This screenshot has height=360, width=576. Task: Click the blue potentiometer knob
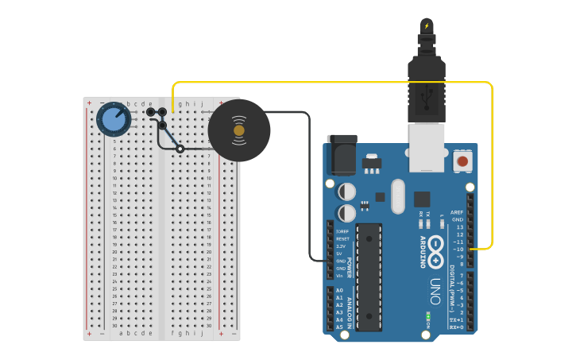[x=114, y=120]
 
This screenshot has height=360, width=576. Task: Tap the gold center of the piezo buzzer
[x=239, y=130]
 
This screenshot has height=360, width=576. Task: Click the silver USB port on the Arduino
[x=427, y=147]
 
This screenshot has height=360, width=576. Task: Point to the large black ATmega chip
[x=369, y=276]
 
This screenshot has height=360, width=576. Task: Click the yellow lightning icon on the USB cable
[x=427, y=25]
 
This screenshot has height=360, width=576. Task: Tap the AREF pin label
[x=456, y=213]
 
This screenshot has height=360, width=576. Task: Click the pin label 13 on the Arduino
[x=458, y=227]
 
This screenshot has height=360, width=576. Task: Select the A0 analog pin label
[x=339, y=291]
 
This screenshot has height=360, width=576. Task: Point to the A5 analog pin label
[x=339, y=327]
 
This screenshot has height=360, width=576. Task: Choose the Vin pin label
[x=340, y=275]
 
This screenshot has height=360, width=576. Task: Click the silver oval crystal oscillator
[x=397, y=195]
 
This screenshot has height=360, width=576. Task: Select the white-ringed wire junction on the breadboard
[x=180, y=149]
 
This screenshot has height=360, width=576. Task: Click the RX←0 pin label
[x=456, y=327]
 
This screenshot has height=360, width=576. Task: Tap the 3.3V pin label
[x=342, y=246]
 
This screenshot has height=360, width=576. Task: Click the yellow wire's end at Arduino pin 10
[x=471, y=250]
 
